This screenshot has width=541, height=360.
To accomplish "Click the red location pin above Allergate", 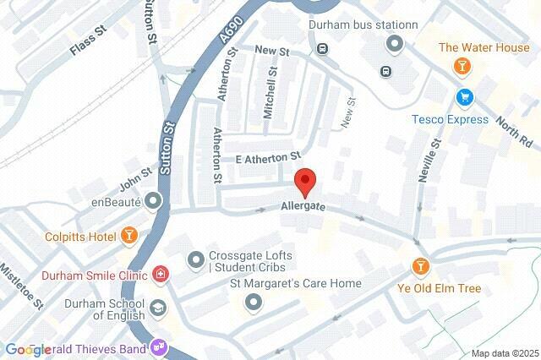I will click(305, 181).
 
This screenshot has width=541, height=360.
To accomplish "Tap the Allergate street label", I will click(303, 206).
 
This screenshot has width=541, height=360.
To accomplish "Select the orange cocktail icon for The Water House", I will click(462, 66).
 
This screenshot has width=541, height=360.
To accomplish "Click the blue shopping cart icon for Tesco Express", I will click(463, 98).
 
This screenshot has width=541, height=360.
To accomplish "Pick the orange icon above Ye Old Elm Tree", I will click(420, 268).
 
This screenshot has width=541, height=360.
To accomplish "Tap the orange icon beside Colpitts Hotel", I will click(128, 234).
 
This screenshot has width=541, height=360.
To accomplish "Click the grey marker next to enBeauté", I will click(153, 201).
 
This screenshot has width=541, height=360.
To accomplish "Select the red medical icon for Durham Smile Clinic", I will click(160, 275).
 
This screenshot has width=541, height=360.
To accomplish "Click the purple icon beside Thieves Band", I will click(158, 347).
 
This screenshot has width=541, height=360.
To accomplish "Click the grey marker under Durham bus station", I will click(394, 42).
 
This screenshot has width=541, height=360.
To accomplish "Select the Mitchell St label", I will click(272, 95).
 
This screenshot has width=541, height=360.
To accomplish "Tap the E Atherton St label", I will click(268, 157).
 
